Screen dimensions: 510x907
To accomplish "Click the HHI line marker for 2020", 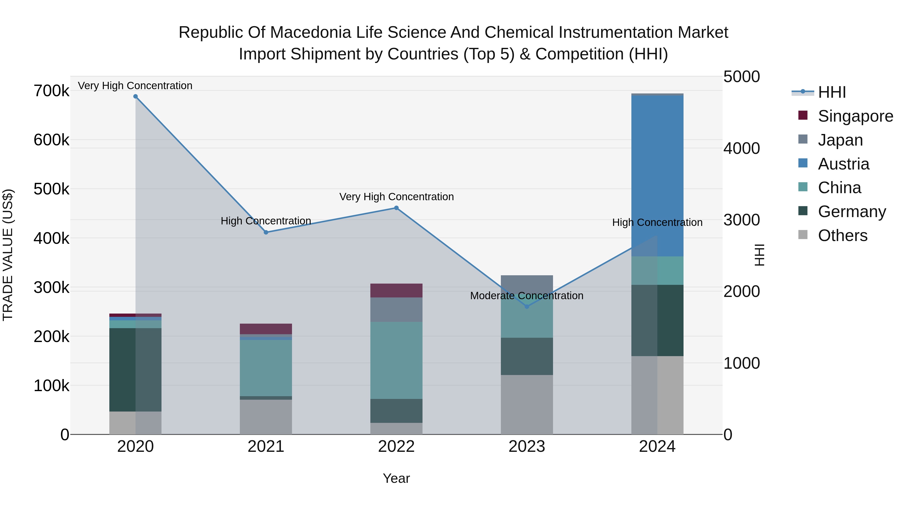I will coord(136,96).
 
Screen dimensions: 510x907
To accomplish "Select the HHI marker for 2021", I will coord(266,232).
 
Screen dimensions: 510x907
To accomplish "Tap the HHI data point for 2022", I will coord(396,208).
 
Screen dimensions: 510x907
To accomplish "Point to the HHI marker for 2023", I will coord(527,307).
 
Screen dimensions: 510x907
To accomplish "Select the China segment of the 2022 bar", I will coord(396,360).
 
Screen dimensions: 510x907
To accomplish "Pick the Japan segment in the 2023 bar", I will coord(527,284).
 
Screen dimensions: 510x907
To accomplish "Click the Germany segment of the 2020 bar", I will coord(136,369).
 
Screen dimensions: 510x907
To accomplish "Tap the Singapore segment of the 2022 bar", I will coord(396,290).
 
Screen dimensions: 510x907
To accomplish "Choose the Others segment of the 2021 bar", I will coord(266,417).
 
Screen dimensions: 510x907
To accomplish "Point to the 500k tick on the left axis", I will coord(51,189).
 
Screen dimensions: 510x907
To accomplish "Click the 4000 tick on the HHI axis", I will coord(741,148).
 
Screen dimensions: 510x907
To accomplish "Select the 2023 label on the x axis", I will coord(527,447).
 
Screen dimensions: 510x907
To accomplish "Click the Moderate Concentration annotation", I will coord(527,296).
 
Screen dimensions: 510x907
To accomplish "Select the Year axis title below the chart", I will coord(396,478).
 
